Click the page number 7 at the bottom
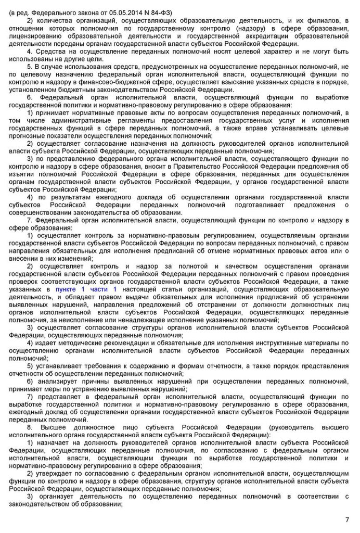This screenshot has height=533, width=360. (347, 519)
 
